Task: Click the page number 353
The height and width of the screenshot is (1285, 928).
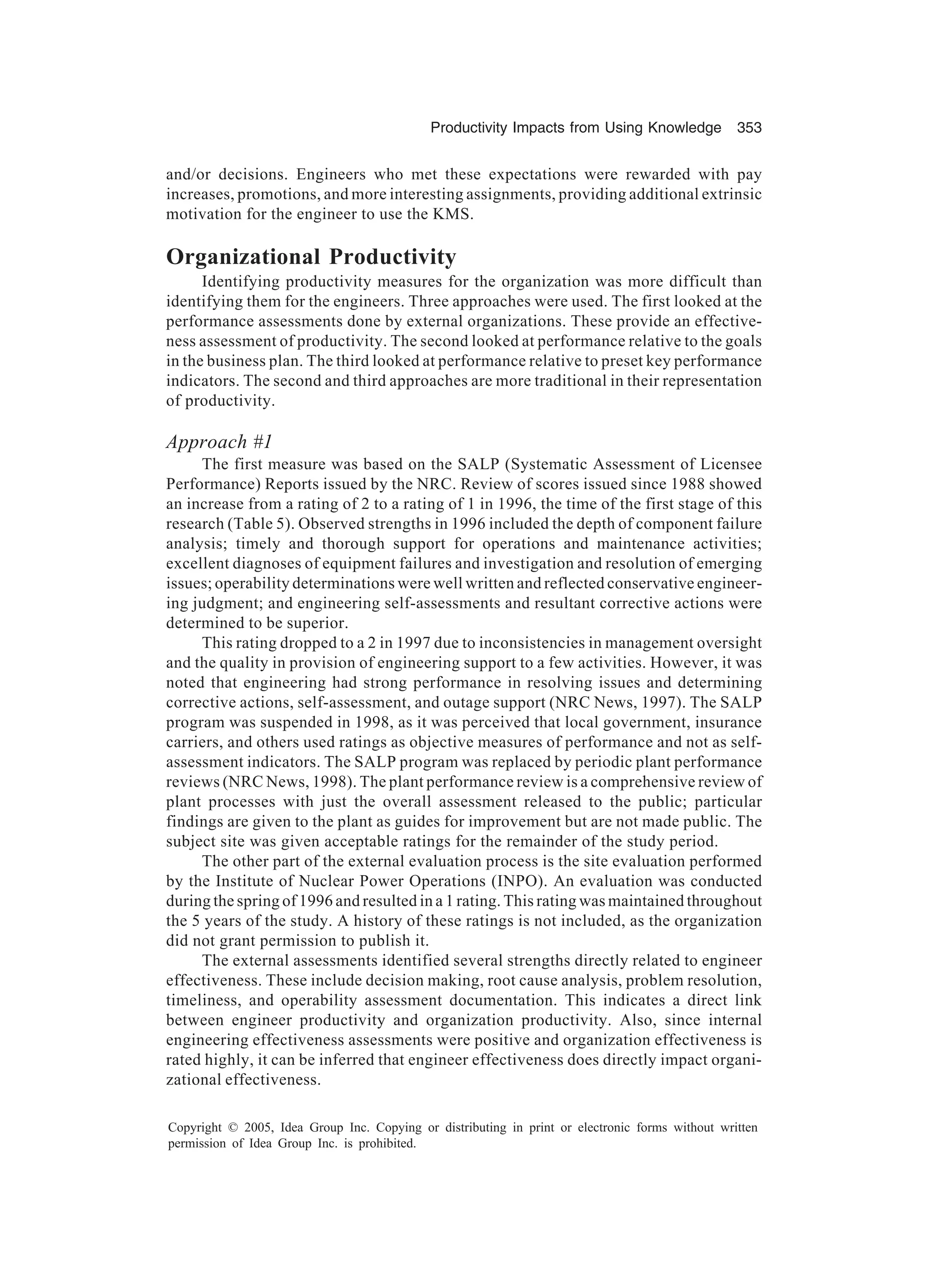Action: pyautogui.click(x=749, y=128)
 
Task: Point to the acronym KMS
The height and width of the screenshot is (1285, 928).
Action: pyautogui.click(x=451, y=215)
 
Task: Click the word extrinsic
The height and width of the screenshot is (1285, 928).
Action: pyautogui.click(x=732, y=194)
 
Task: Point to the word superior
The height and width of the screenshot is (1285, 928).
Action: pyautogui.click(x=320, y=623)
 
